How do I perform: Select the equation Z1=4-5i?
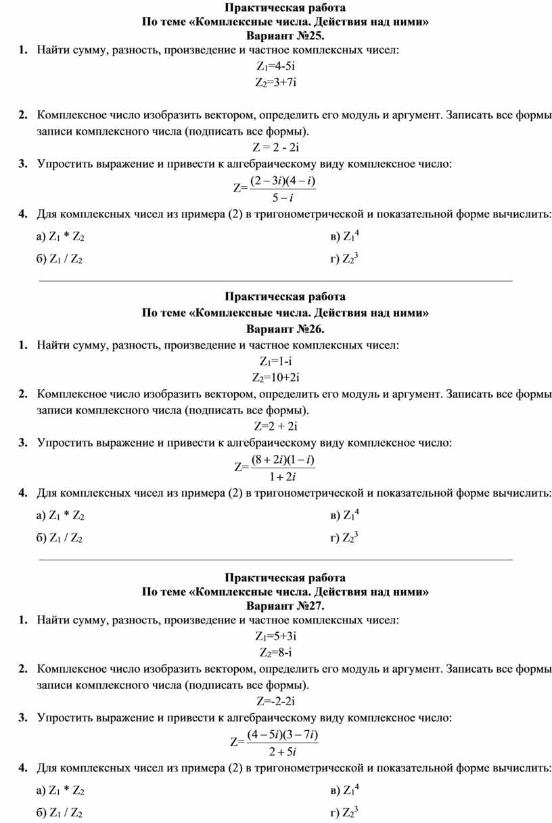pyautogui.click(x=276, y=66)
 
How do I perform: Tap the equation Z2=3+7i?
pyautogui.click(x=276, y=83)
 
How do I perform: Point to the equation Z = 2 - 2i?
pyautogui.click(x=276, y=147)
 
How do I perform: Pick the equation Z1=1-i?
pyautogui.click(x=276, y=361)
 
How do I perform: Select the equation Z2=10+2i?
pyautogui.click(x=276, y=377)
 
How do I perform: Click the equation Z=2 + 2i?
pyautogui.click(x=276, y=426)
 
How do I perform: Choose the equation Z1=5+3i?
pyautogui.click(x=276, y=636)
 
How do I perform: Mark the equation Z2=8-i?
pyautogui.click(x=276, y=652)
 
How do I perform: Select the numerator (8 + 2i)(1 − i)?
pyautogui.click(x=283, y=460)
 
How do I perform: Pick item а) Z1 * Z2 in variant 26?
pyautogui.click(x=60, y=516)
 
